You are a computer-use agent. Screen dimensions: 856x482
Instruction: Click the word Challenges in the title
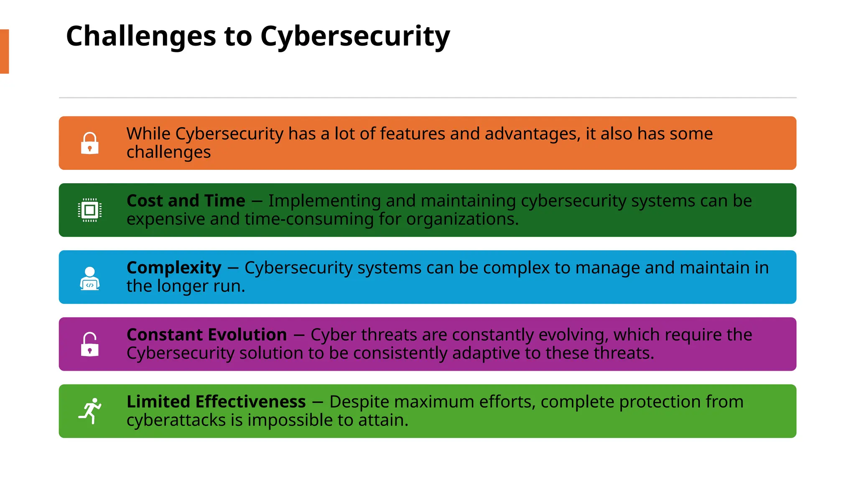[x=141, y=36]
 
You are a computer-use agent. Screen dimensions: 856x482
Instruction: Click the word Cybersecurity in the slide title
[x=355, y=36]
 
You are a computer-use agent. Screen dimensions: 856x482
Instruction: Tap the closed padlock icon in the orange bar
[x=89, y=144]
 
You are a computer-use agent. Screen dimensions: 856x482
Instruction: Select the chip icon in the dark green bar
[x=89, y=210]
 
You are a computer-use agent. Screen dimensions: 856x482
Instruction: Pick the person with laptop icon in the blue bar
[x=89, y=278]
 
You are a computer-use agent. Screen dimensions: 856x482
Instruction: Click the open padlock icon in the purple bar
[x=89, y=344]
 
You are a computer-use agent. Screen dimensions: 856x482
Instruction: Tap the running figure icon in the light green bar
[x=90, y=411]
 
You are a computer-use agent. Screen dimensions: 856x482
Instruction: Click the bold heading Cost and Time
[x=186, y=201]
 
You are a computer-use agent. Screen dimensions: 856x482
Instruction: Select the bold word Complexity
[x=174, y=268]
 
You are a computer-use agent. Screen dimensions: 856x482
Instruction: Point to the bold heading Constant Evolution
[x=206, y=335]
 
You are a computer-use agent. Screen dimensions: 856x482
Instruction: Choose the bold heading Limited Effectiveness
[x=216, y=402]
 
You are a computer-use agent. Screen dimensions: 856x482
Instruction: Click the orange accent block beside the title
[x=4, y=51]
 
